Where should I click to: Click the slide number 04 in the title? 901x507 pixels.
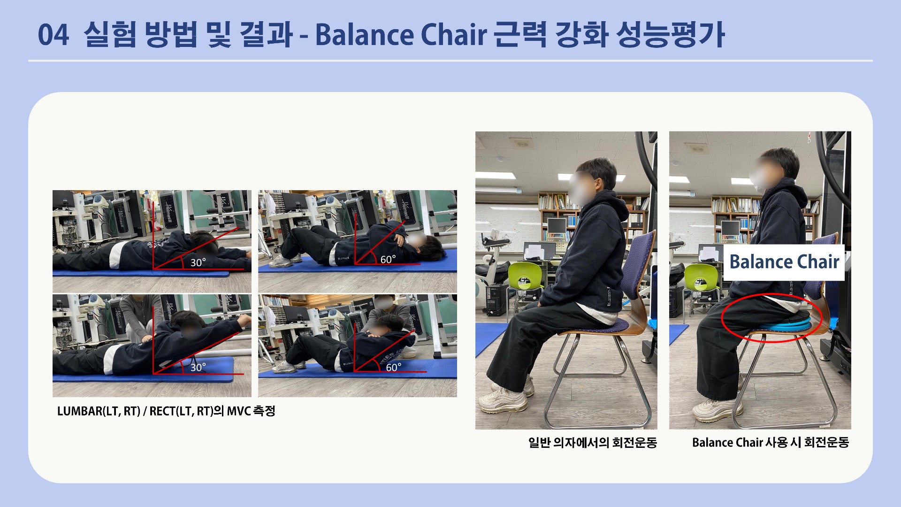(53, 35)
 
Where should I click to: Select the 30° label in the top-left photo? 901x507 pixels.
(198, 262)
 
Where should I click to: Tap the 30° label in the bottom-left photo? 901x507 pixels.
(198, 367)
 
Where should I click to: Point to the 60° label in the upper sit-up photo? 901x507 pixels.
(388, 259)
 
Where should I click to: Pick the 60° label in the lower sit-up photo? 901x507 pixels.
(394, 367)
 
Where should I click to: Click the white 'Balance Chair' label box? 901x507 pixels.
(784, 262)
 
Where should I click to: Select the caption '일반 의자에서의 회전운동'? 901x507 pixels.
(593, 442)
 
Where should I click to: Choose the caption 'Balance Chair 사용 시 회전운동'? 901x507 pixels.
(771, 442)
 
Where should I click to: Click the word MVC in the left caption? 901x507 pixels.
(239, 411)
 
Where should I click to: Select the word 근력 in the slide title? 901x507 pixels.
(520, 35)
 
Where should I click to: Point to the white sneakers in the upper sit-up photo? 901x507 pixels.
(284, 261)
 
